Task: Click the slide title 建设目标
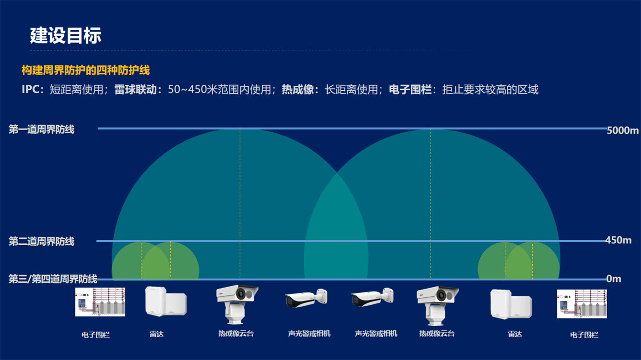coord(65,36)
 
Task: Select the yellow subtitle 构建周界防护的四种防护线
coord(86,70)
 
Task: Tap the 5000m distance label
coord(622,130)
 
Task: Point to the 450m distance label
coord(618,240)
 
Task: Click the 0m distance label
coord(613,279)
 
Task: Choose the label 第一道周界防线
coord(42,130)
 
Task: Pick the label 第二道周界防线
coord(42,242)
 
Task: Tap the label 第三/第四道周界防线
coord(53,279)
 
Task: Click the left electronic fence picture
coord(100,302)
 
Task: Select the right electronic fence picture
coord(582,304)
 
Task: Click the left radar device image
coord(166,301)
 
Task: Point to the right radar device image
coord(511,304)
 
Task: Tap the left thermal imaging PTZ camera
coord(237,304)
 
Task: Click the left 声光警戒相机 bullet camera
coord(306,298)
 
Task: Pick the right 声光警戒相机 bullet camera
coord(372,297)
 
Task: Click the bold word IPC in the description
coord(31,89)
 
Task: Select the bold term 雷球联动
coord(135,89)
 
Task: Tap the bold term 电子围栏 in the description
coord(410,89)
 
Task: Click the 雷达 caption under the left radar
coord(157,334)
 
